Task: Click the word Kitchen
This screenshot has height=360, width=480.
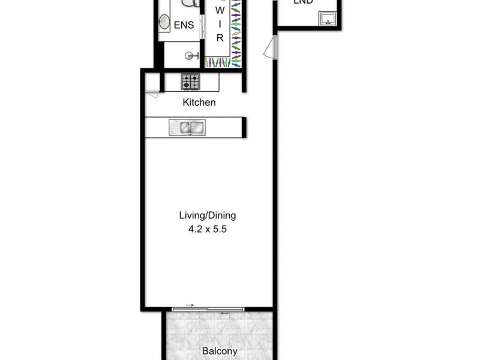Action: (x=199, y=103)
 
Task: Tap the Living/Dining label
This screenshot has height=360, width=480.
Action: (x=208, y=215)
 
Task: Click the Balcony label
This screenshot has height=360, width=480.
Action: (x=219, y=352)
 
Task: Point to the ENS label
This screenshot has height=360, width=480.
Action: (x=184, y=25)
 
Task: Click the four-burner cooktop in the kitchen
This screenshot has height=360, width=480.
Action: (x=191, y=81)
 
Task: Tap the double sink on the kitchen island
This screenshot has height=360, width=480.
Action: (x=187, y=127)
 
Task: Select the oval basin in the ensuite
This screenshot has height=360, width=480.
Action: (x=164, y=23)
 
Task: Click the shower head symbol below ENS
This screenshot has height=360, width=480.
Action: (x=191, y=56)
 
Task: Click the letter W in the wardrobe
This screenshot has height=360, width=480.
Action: (x=220, y=11)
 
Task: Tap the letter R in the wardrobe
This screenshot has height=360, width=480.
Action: (x=220, y=38)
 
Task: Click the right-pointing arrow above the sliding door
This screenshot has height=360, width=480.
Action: (x=190, y=305)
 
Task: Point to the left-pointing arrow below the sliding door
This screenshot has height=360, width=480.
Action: (x=224, y=313)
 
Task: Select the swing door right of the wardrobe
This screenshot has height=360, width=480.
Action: (x=271, y=46)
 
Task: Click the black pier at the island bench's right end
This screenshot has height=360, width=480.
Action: (x=244, y=127)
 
